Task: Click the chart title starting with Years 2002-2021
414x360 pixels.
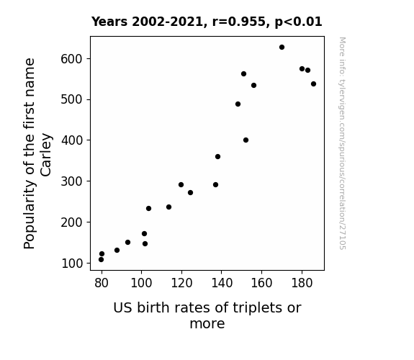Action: point(207,22)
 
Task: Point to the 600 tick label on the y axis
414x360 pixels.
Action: point(72,59)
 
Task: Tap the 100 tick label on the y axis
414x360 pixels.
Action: point(72,264)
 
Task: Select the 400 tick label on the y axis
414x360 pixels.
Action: point(72,140)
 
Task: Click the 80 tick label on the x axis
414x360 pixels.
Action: point(102,283)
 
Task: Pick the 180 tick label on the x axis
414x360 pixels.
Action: point(302,283)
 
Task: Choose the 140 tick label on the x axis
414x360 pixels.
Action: point(222,283)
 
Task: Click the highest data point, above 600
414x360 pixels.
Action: point(282,48)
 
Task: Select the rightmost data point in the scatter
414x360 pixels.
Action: point(313,84)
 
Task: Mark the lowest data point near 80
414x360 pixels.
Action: point(101,260)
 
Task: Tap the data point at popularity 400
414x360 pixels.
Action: point(246,140)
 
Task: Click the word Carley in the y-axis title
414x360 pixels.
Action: point(46,155)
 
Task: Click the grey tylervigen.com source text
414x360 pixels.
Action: point(342,143)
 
